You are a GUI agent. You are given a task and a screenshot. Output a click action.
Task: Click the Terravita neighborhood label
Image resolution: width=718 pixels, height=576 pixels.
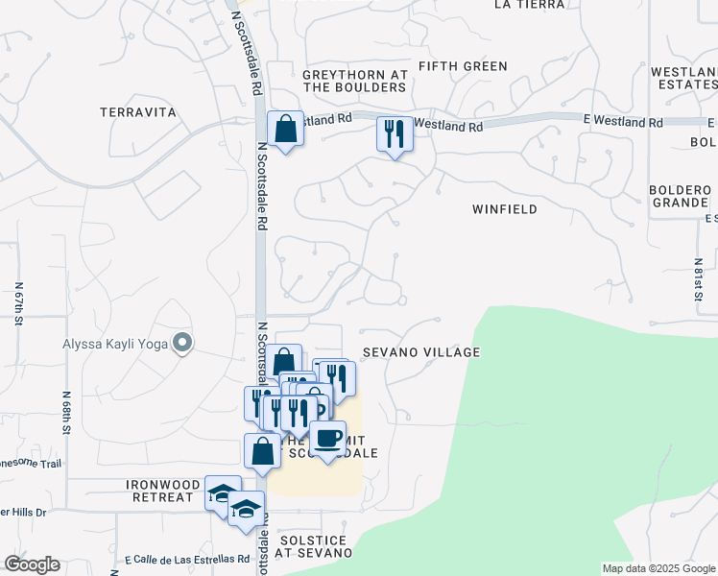point(138,112)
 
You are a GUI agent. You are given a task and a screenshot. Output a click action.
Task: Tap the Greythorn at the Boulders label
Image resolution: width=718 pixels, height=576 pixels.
point(354,81)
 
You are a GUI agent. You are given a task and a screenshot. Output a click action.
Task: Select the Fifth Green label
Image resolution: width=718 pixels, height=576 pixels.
point(463,66)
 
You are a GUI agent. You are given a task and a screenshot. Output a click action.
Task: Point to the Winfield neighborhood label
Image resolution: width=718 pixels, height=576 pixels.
point(504,208)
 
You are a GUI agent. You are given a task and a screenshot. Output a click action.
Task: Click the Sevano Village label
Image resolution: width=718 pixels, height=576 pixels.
point(420,352)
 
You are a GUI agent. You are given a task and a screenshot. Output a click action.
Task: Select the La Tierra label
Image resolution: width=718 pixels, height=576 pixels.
point(526,5)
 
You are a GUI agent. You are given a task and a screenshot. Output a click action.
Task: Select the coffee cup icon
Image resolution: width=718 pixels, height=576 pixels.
point(328,438)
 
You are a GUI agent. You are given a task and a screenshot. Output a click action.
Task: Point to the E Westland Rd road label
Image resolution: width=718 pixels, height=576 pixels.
point(629,122)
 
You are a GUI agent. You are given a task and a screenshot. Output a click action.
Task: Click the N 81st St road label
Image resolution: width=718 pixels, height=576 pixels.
point(699,279)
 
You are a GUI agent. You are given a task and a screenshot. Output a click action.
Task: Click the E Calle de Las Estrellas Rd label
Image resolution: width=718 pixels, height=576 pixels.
point(187,559)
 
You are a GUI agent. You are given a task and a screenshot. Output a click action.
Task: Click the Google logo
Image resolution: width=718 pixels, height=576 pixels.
point(32,564)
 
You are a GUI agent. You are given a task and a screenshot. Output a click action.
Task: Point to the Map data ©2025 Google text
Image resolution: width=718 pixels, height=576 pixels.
point(658,568)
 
